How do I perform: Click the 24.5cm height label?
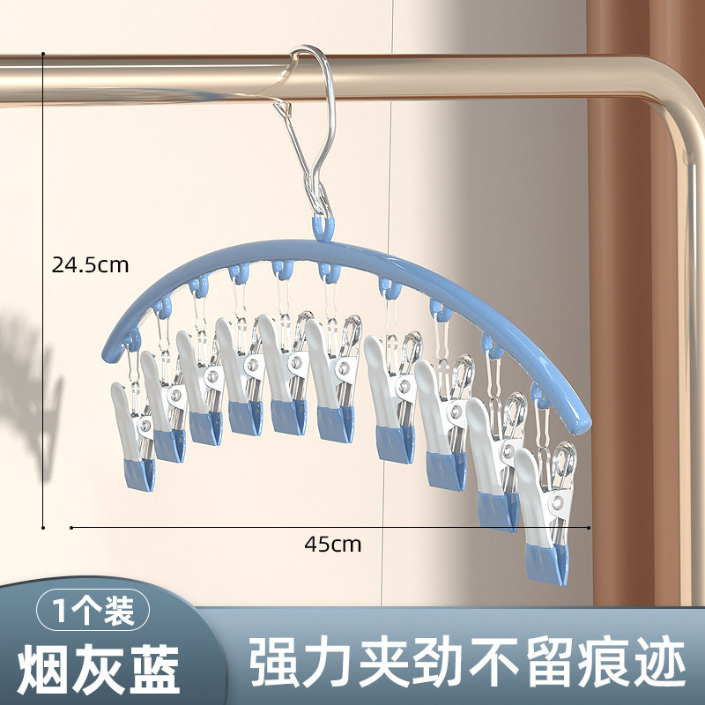click(x=90, y=263)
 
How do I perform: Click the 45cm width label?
click(x=333, y=544)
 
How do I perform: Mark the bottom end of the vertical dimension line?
click(x=43, y=528)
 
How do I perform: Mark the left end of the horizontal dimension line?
click(x=71, y=528)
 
